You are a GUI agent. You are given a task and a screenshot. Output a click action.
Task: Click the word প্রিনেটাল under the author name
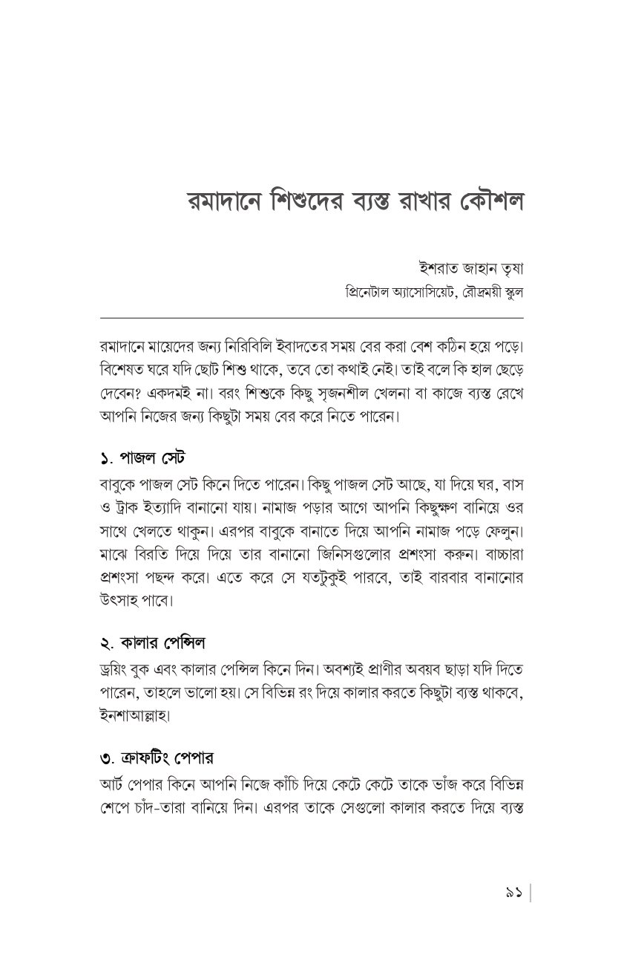click(x=367, y=291)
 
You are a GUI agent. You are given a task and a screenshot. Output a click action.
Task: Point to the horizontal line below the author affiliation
click(x=312, y=317)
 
